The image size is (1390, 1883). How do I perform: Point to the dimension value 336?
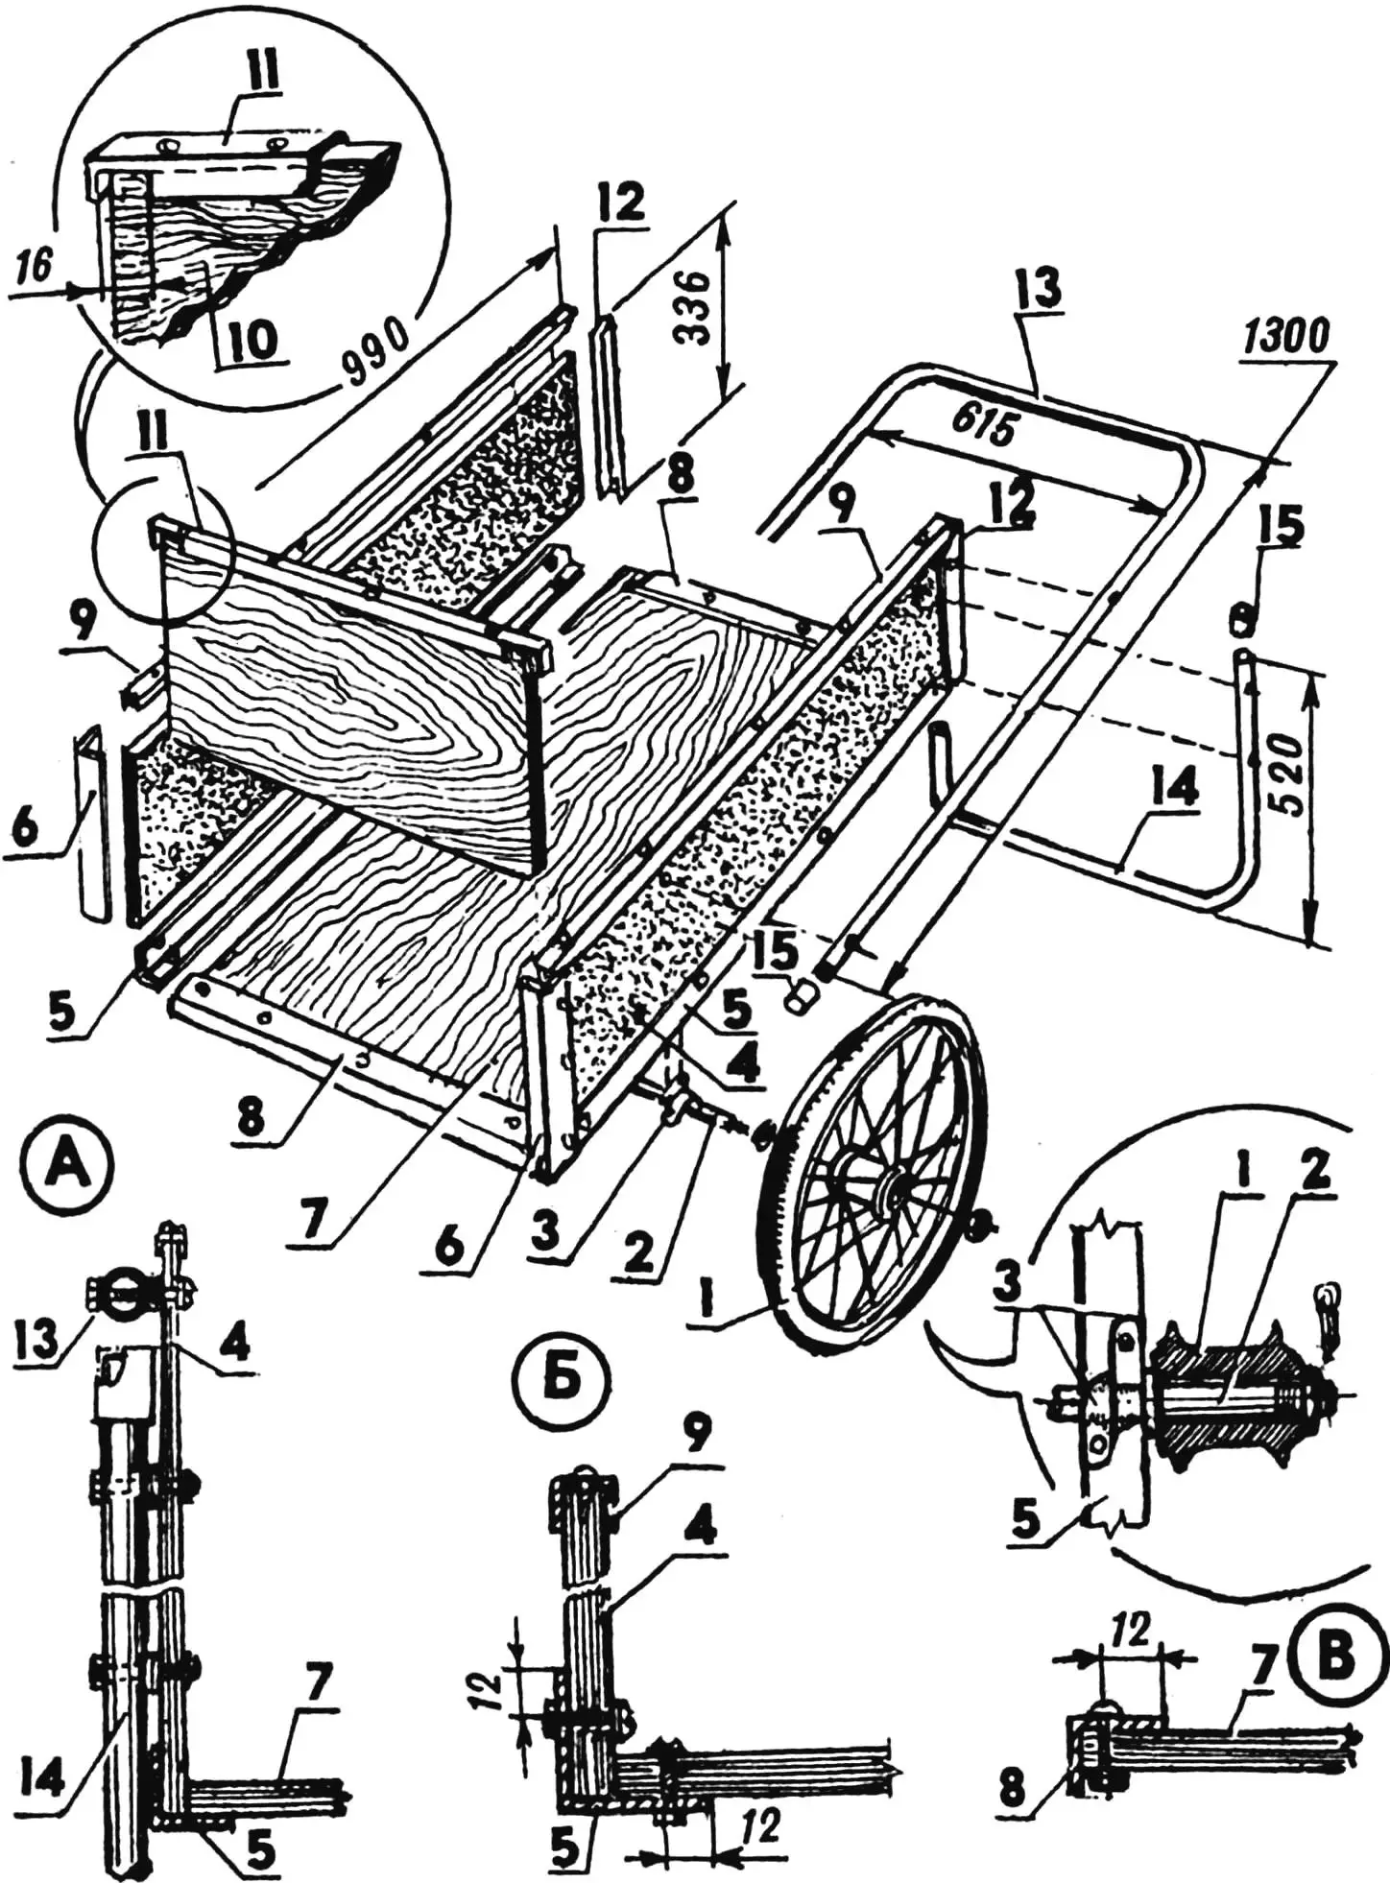pos(693,306)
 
